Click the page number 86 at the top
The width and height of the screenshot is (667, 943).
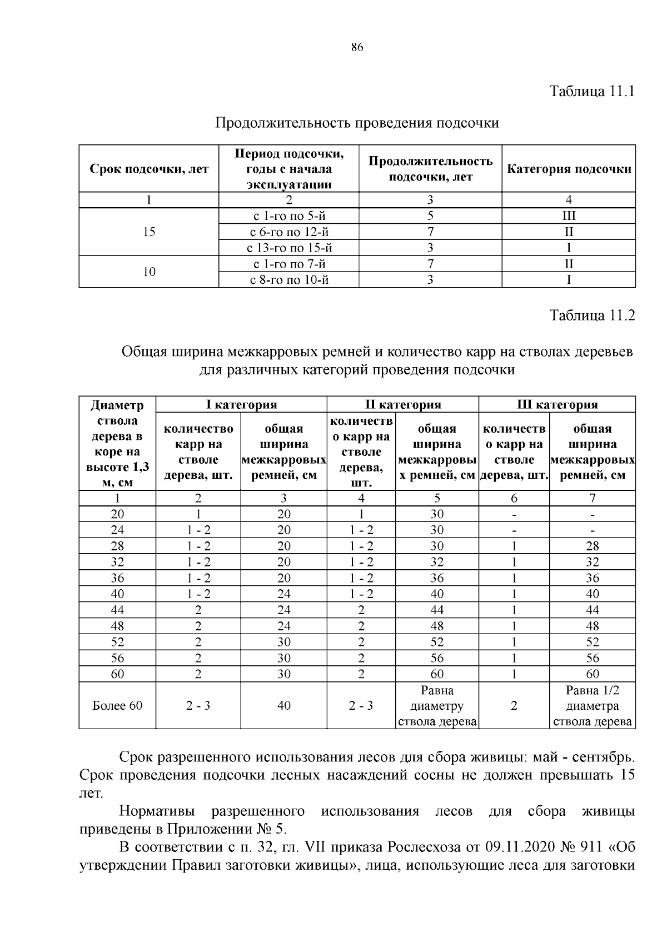click(357, 48)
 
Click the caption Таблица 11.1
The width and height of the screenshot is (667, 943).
click(591, 91)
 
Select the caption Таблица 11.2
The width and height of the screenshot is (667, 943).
click(591, 316)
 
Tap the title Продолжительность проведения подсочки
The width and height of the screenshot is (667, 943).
click(357, 123)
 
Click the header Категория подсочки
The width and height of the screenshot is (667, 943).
click(569, 169)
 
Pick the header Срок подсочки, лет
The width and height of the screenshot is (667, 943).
click(149, 169)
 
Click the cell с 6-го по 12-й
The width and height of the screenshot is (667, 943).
click(289, 232)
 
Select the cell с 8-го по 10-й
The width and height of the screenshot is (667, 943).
click(289, 279)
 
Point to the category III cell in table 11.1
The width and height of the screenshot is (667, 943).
click(569, 216)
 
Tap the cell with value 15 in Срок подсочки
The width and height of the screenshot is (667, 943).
click(149, 232)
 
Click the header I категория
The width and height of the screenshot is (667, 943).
click(241, 404)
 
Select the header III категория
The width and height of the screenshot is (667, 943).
click(557, 404)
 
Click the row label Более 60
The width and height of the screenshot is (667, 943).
click(117, 705)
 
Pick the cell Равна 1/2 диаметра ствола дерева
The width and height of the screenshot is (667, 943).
click(593, 705)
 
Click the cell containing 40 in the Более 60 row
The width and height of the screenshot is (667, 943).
click(283, 705)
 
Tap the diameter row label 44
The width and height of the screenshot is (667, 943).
click(117, 610)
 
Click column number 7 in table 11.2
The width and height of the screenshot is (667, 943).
click(593, 498)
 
